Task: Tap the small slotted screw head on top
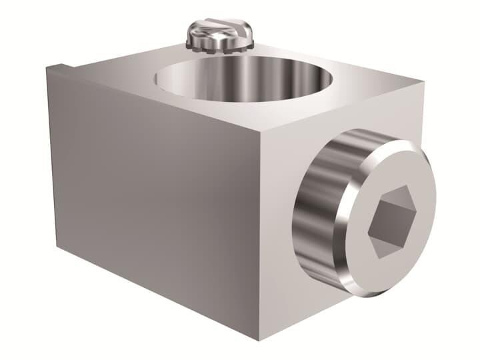click(219, 33)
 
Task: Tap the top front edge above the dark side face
click(153, 97)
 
